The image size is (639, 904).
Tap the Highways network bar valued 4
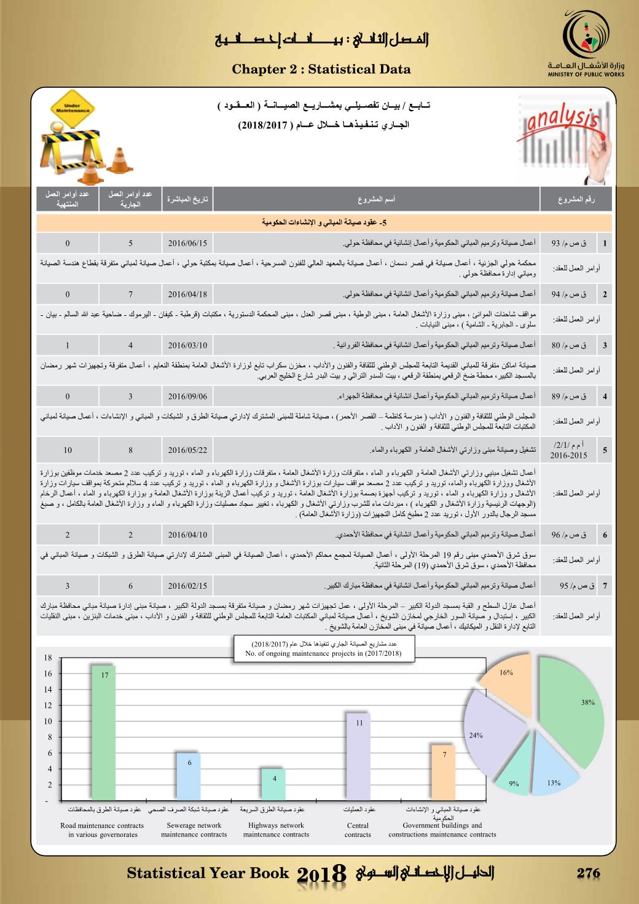point(275,784)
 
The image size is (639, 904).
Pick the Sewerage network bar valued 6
point(189,776)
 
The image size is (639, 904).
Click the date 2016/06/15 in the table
point(187,243)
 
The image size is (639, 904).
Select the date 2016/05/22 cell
point(187,450)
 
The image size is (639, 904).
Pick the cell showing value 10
point(67,450)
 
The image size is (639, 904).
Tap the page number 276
point(588,873)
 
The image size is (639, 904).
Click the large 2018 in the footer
point(322,875)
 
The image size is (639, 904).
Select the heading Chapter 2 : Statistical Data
point(321,69)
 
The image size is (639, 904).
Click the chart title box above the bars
point(323,649)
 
